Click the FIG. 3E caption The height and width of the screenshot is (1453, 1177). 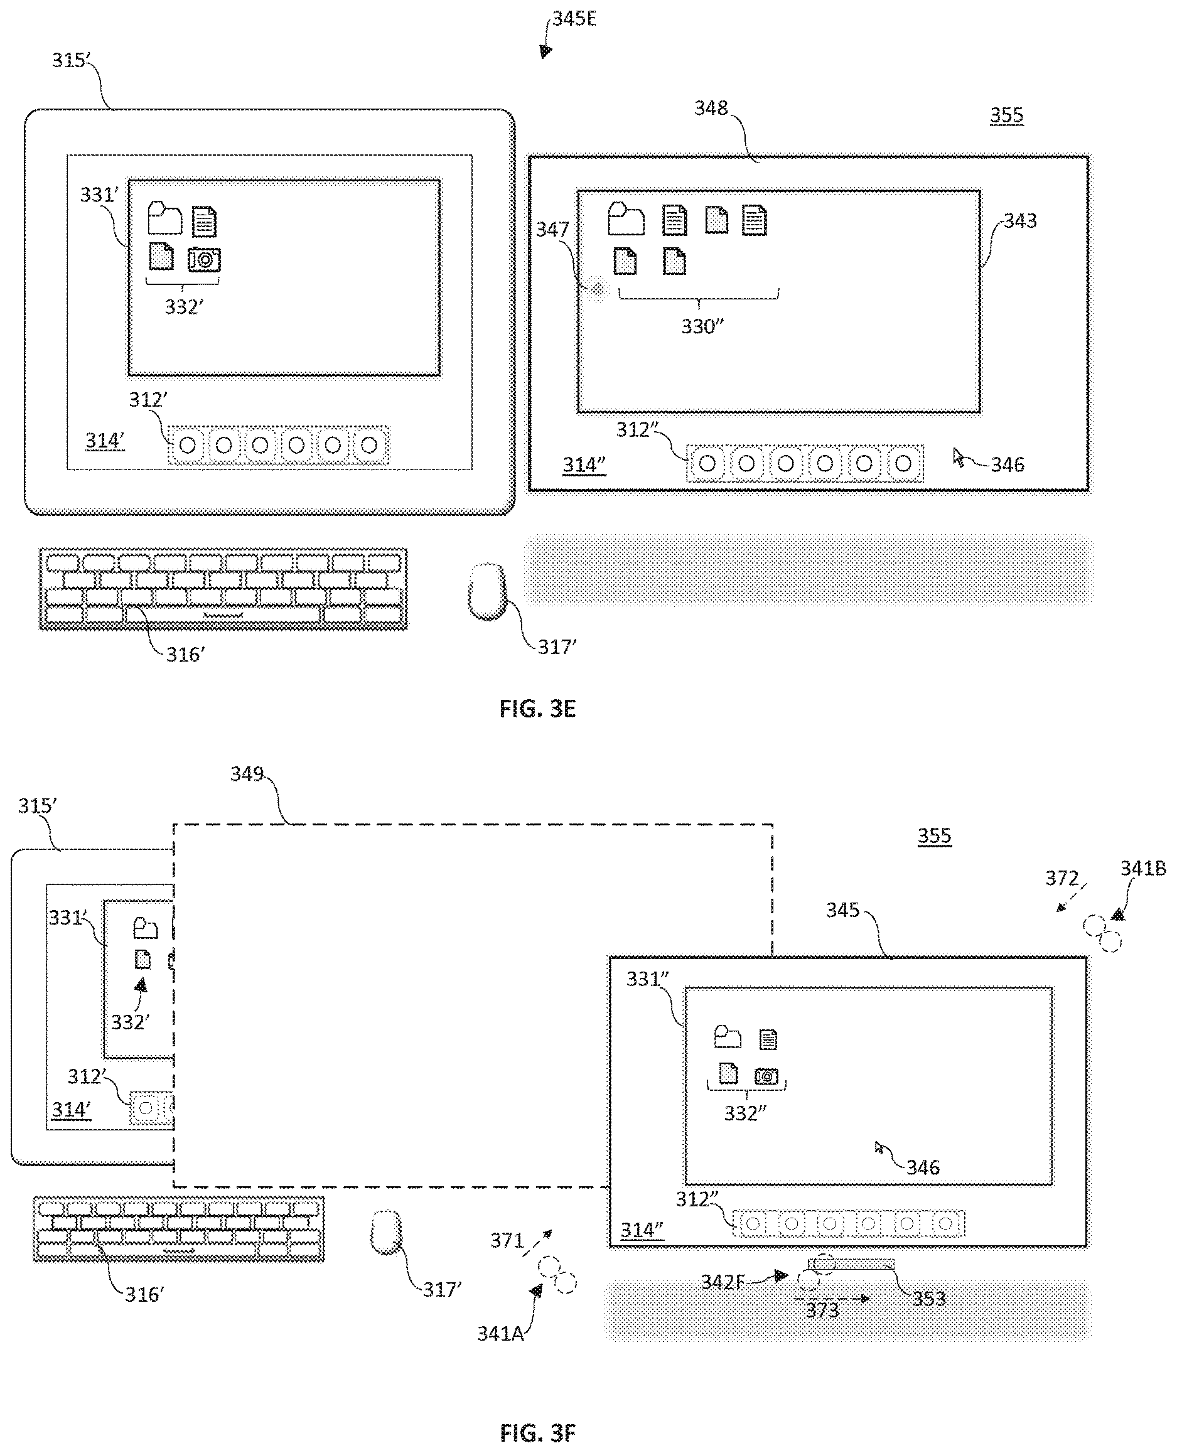[x=537, y=709]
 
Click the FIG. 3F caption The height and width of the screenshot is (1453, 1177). [x=537, y=1433]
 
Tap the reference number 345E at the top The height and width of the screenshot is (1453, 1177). [x=574, y=19]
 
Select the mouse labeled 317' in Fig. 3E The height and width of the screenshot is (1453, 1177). [x=488, y=591]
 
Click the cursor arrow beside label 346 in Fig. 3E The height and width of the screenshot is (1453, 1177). [x=959, y=458]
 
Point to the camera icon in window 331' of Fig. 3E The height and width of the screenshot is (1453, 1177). [x=204, y=260]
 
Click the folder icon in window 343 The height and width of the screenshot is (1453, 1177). [x=626, y=218]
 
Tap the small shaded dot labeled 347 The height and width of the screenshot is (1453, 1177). [x=598, y=290]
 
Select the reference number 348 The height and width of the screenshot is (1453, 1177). [x=711, y=108]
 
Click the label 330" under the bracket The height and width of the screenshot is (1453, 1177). [x=702, y=327]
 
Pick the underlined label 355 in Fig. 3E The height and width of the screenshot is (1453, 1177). [x=1006, y=115]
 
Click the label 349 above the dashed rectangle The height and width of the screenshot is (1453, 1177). [x=247, y=774]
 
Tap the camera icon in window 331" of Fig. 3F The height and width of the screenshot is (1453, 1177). [x=767, y=1076]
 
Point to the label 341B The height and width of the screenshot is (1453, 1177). [x=1143, y=869]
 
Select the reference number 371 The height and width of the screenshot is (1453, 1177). [x=507, y=1240]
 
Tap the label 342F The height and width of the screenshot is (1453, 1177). [x=723, y=1282]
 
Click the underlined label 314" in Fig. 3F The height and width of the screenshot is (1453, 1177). [x=642, y=1231]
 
